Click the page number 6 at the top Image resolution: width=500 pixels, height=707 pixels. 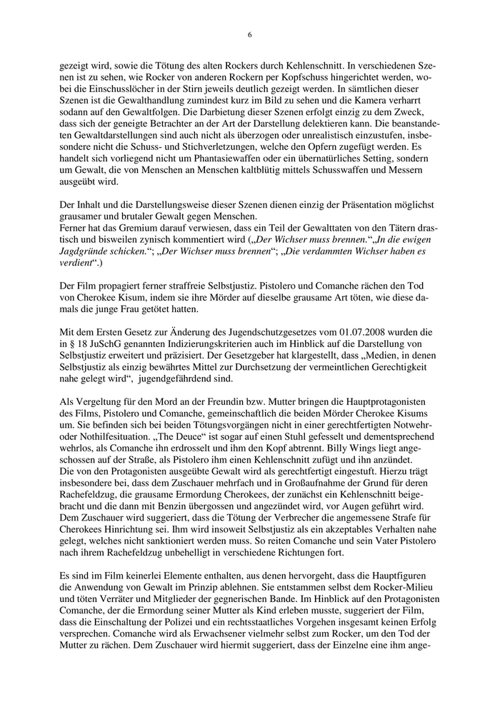[x=250, y=34]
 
